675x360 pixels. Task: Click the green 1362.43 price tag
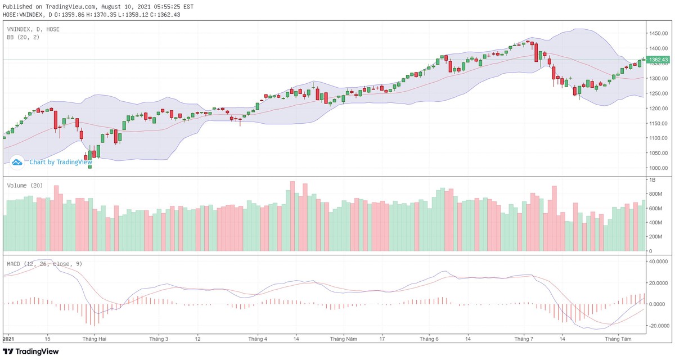click(658, 60)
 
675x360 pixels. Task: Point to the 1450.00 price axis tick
click(658, 33)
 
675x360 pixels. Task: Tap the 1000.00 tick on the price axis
click(658, 168)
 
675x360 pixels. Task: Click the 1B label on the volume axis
click(652, 180)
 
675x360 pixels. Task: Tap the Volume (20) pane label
click(25, 185)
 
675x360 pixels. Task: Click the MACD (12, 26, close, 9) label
click(44, 263)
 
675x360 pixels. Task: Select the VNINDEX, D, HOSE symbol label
click(33, 29)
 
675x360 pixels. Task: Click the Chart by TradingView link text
click(60, 162)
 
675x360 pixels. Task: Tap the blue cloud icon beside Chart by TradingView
click(17, 162)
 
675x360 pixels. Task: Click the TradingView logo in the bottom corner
click(31, 352)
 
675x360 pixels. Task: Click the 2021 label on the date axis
click(8, 339)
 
